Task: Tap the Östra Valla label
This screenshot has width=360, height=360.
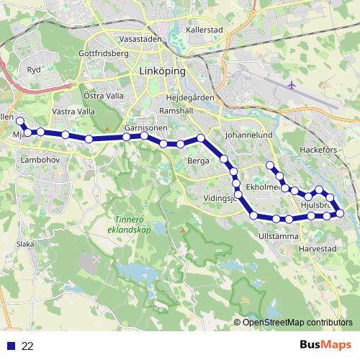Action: click(x=102, y=95)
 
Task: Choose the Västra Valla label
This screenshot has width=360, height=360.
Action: click(x=73, y=112)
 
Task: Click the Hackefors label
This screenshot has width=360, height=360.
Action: click(x=318, y=150)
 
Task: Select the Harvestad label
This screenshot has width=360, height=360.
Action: click(x=318, y=248)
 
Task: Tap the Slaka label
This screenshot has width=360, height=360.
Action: click(x=26, y=244)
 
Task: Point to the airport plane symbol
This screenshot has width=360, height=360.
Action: click(x=291, y=85)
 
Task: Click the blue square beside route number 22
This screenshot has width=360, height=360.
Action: click(x=10, y=346)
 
